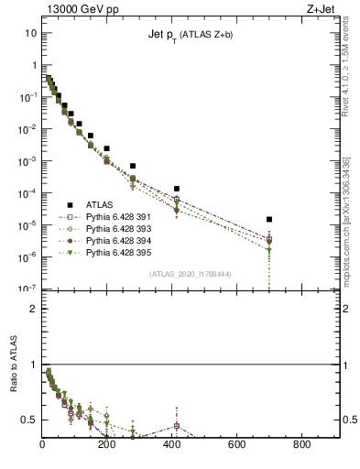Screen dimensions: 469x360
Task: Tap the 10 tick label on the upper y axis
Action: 31,33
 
